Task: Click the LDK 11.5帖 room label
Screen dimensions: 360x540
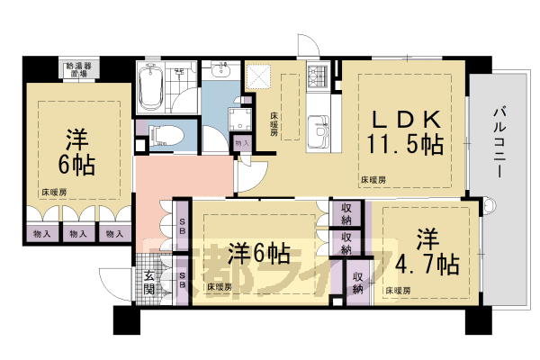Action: point(403,131)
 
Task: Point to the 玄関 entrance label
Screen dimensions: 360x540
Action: point(149,283)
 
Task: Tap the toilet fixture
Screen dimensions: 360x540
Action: point(166,136)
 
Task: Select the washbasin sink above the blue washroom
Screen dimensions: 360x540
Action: point(222,73)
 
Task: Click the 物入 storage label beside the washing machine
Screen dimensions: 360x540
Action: point(241,143)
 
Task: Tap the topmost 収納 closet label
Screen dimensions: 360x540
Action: point(346,213)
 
